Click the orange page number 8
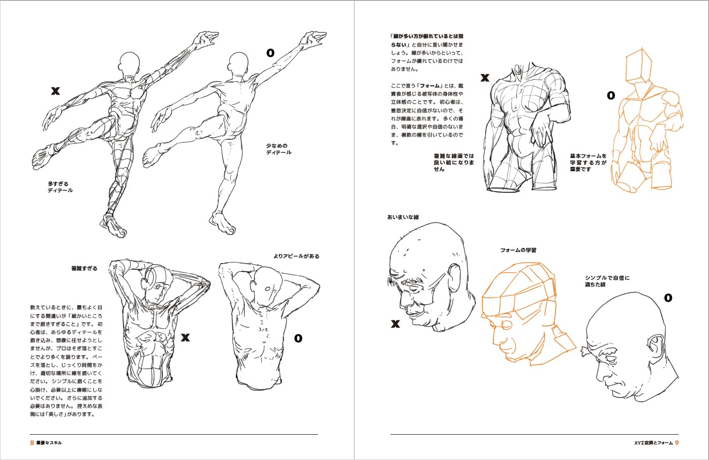32,442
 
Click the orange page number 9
677,442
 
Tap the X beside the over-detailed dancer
56,91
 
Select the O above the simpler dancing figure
270,53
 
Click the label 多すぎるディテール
60,187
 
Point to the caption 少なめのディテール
278,149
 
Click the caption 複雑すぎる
84,268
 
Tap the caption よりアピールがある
297,256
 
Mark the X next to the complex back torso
185,337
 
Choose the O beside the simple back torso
298,338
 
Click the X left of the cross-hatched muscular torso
485,78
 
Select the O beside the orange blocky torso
611,95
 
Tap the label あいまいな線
403,217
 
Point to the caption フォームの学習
518,250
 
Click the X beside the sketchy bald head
395,324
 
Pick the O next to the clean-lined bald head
668,298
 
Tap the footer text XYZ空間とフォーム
653,443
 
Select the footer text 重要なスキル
49,443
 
